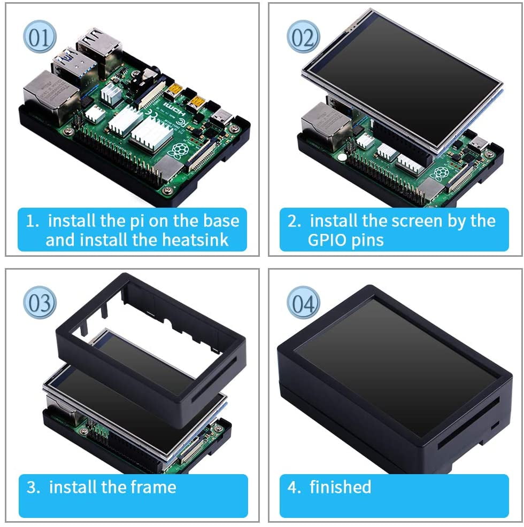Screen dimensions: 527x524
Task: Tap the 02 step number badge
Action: [x=303, y=37]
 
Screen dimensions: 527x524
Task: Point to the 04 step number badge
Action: [x=303, y=303]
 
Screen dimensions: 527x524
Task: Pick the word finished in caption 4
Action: [x=340, y=487]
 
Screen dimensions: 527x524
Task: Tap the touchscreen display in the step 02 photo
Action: [x=401, y=80]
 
